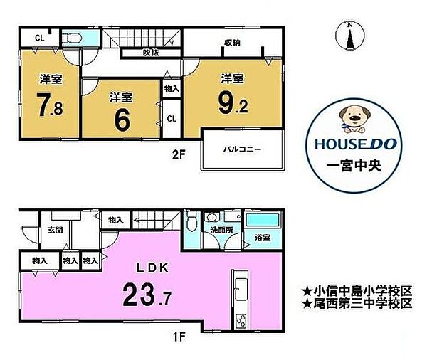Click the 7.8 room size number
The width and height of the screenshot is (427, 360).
tap(50, 105)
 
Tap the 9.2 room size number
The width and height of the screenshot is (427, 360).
tap(233, 103)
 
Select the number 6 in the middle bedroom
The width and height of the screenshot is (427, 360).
tap(122, 121)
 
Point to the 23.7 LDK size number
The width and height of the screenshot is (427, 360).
tap(147, 294)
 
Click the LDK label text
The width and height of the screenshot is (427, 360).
tap(152, 268)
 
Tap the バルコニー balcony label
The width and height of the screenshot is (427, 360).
tap(242, 149)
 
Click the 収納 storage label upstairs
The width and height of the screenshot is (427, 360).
tap(232, 43)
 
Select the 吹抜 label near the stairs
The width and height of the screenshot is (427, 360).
tap(151, 53)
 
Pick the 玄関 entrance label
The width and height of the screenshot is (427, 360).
tap(56, 230)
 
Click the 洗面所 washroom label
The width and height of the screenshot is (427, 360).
tap(221, 230)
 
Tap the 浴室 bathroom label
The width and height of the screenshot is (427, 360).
tap(263, 238)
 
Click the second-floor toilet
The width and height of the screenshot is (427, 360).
tap(71, 38)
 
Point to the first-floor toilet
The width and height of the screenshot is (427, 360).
tap(191, 221)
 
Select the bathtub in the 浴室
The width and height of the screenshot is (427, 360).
tap(263, 219)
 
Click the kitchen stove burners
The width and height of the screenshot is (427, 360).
tap(241, 321)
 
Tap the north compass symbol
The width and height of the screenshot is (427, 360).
tap(349, 36)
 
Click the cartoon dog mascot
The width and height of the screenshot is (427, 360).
tap(354, 120)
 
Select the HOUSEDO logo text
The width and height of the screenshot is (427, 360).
tap(356, 144)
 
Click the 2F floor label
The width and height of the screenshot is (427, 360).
tap(179, 154)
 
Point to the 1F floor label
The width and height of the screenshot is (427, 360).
tap(179, 337)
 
